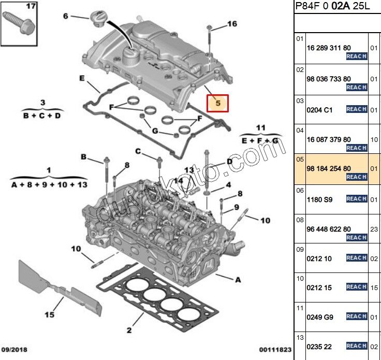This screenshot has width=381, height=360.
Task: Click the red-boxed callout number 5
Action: coord(218,103)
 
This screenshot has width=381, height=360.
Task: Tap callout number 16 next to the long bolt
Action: coord(231,24)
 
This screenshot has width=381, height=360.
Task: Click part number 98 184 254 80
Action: coord(328,168)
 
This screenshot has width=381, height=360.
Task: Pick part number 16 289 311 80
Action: coord(328,47)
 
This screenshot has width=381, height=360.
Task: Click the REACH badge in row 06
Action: coord(356,199)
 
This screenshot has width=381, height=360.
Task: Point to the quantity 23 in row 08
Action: coord(375,229)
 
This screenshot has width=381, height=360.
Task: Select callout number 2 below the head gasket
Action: coord(129,330)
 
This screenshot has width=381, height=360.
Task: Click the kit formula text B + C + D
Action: coord(42,116)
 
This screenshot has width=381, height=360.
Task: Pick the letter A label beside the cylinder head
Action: coord(238,280)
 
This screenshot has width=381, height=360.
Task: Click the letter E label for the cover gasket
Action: coord(82,78)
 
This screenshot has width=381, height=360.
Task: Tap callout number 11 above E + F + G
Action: coord(260,127)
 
